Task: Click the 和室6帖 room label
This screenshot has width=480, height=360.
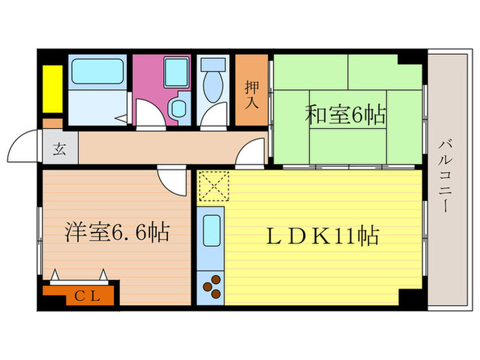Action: pyautogui.click(x=345, y=114)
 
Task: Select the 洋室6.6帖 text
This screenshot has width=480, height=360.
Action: pyautogui.click(x=117, y=232)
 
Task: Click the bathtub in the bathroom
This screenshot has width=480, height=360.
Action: pyautogui.click(x=95, y=72)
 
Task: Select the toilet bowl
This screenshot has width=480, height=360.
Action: pyautogui.click(x=214, y=91)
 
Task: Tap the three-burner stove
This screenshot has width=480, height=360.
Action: pyautogui.click(x=211, y=286)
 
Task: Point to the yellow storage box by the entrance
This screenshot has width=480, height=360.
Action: pyautogui.click(x=51, y=89)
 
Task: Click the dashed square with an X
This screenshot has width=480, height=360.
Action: pyautogui.click(x=213, y=184)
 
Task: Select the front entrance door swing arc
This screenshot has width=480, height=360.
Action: pyautogui.click(x=23, y=147)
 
